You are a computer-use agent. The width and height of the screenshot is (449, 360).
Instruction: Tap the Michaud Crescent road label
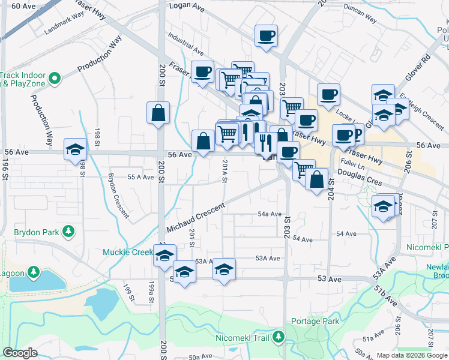coord(195,218)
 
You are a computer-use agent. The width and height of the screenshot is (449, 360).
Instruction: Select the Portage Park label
coord(315,321)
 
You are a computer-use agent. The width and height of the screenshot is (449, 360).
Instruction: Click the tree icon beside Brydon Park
coord(68,231)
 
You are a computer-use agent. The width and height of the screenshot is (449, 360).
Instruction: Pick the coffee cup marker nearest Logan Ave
coord(266,35)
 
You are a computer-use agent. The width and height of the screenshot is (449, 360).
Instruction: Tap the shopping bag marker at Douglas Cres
coord(316,178)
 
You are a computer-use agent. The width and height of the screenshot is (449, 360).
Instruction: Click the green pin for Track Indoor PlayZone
coord(54,79)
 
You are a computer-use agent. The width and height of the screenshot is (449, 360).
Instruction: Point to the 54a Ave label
coord(270,214)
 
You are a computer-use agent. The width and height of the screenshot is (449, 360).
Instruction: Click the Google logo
coord(20,353)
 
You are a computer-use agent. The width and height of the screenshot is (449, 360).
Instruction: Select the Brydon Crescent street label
coord(118,195)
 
